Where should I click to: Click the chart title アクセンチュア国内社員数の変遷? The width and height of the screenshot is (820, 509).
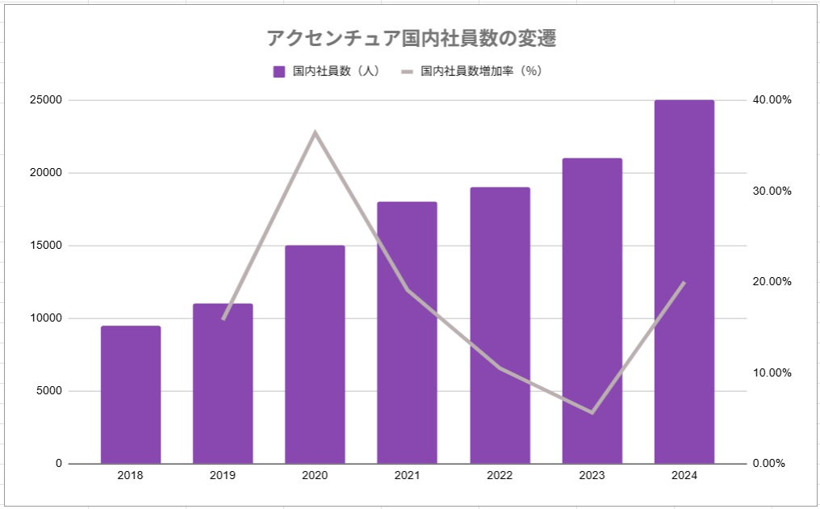tap(412, 39)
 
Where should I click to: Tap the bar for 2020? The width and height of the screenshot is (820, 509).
tap(315, 355)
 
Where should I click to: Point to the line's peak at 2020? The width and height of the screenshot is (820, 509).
tap(316, 133)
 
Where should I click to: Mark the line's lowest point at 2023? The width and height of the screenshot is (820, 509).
tap(592, 412)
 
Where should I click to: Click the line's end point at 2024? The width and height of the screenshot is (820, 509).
tap(684, 283)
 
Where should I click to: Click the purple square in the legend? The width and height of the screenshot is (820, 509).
tap(279, 71)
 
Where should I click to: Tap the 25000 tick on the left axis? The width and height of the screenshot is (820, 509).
tap(47, 100)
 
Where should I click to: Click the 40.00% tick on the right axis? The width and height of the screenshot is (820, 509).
tap(772, 100)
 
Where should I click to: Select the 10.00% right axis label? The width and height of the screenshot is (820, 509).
tap(772, 372)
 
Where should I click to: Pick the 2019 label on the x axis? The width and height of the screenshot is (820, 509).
tap(223, 476)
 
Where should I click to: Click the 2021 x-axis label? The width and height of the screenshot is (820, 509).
tap(408, 476)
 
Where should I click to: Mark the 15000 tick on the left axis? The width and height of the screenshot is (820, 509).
tap(47, 246)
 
